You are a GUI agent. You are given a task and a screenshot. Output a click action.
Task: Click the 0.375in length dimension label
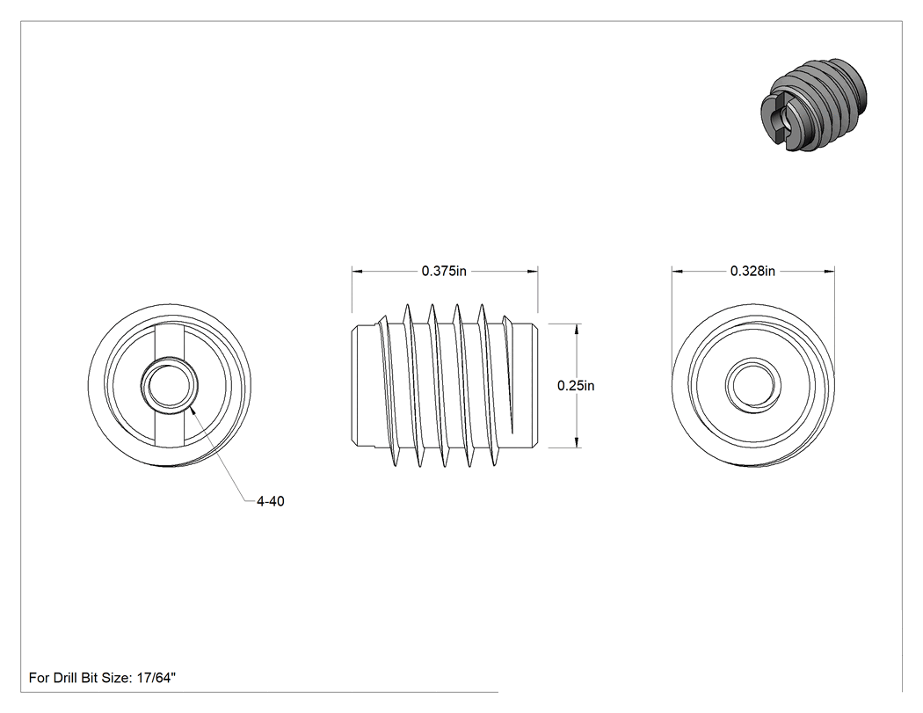(x=444, y=271)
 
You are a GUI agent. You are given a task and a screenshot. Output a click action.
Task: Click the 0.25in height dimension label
(x=576, y=386)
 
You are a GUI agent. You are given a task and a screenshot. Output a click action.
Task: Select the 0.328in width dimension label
(x=752, y=271)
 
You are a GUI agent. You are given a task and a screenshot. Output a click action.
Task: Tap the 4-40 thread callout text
(x=270, y=501)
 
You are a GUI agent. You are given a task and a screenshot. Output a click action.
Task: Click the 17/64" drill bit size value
(x=156, y=678)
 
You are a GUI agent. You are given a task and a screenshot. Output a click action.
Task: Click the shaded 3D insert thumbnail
(x=814, y=105)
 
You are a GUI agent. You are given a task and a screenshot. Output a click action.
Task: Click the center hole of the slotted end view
(x=169, y=386)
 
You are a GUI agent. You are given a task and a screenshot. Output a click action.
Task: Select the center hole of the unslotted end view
(x=752, y=386)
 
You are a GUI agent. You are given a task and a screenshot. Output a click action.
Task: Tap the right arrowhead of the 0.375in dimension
(x=533, y=272)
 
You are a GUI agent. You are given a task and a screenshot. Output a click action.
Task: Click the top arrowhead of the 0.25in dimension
(x=577, y=329)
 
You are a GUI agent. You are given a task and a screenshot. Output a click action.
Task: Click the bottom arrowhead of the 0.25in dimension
(x=577, y=442)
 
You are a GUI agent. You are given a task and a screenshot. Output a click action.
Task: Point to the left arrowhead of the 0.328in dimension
(x=677, y=272)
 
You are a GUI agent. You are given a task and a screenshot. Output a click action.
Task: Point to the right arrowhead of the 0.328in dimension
(x=830, y=272)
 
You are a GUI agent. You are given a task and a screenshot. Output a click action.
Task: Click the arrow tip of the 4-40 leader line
(x=191, y=407)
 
